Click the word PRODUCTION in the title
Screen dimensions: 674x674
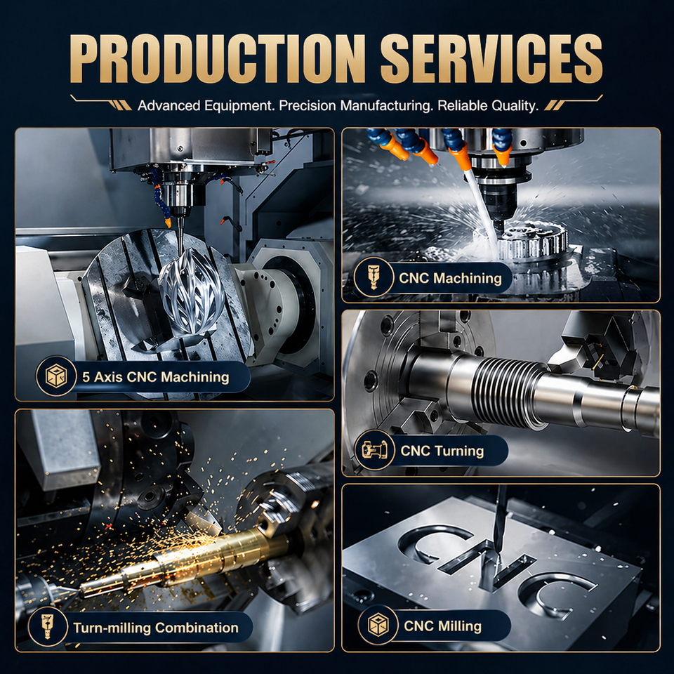pos(218,58)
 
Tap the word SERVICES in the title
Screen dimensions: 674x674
pos(491,58)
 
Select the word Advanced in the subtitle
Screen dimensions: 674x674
pos(169,106)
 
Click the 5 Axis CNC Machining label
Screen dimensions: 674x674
pos(156,377)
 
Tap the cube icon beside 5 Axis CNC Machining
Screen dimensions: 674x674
pos(56,376)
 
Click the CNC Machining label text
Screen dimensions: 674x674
pos(450,278)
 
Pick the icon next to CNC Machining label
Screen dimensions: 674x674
pos(373,277)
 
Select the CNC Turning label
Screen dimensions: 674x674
pos(442,451)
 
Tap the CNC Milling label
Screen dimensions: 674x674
pos(442,626)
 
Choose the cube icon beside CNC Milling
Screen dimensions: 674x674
pos(378,625)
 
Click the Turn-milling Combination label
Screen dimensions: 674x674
pos(156,628)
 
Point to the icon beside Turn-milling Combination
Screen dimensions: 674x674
pos(48,626)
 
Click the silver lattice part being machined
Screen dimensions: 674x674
pos(191,291)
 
